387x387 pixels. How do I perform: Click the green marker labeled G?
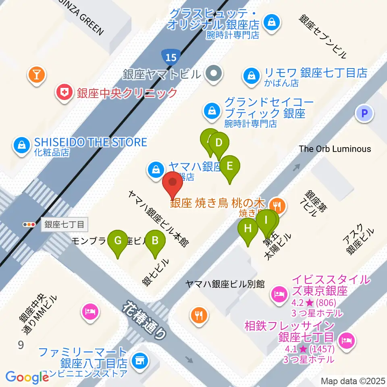[118, 241]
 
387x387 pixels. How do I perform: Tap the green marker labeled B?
[155, 241]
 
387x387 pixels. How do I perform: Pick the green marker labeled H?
[248, 229]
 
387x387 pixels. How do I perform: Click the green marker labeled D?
[219, 143]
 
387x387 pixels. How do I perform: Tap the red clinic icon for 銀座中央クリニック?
[64, 93]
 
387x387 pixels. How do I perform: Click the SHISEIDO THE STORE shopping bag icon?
[21, 146]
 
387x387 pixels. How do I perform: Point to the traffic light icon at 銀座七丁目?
[29, 225]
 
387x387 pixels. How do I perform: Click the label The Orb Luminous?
[335, 149]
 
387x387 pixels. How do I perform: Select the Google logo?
[27, 377]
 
